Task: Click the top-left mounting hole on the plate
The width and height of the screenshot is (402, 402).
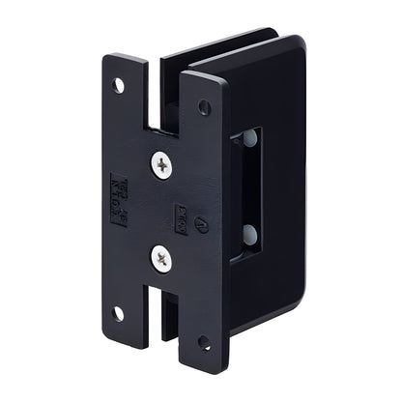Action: tap(118, 85)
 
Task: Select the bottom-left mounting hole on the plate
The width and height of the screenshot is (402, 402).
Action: tap(117, 312)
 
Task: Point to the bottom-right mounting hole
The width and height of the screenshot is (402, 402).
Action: tap(204, 341)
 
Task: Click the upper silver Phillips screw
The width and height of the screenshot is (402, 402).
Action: tap(161, 165)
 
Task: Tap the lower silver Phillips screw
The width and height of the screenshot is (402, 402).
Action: tap(161, 256)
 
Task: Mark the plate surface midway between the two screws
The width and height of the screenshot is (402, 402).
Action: tap(161, 211)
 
